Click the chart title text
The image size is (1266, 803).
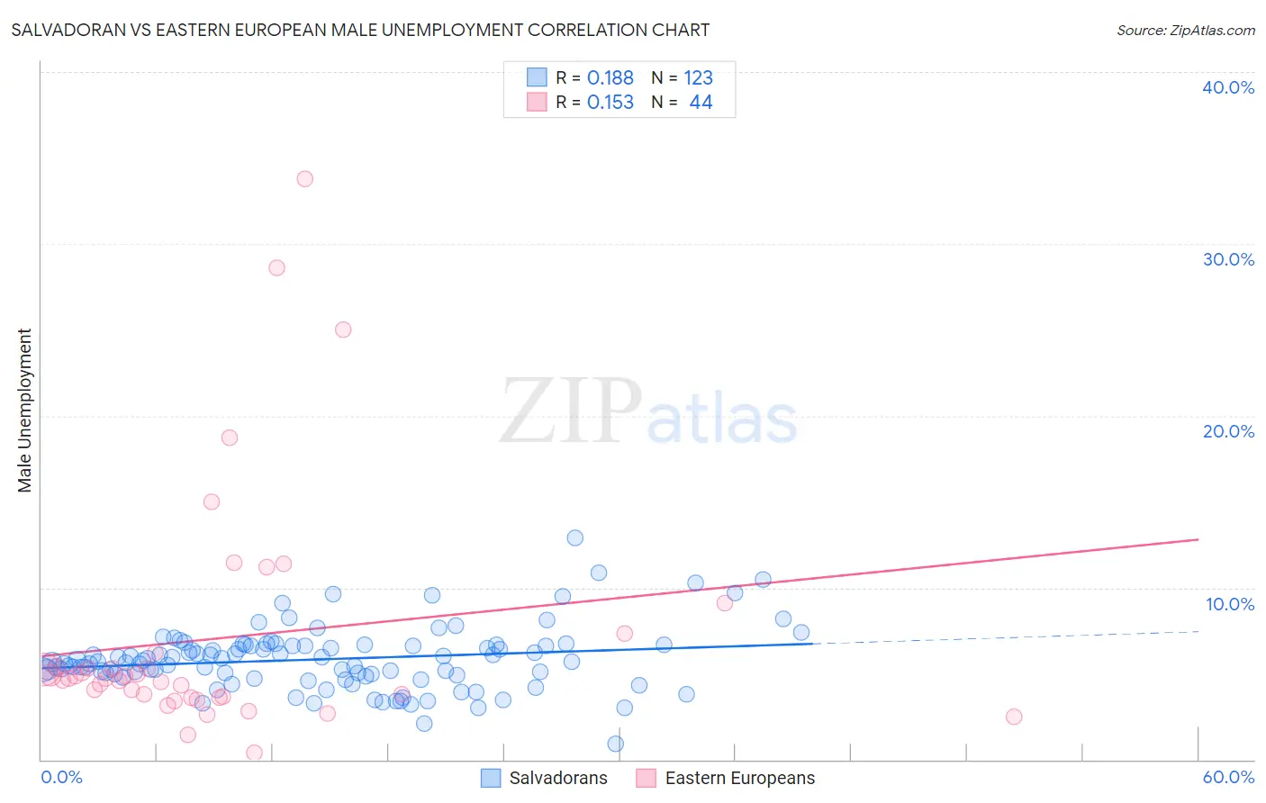click(x=360, y=30)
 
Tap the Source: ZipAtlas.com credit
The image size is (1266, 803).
click(x=1185, y=30)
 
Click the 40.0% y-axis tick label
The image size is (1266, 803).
click(x=1228, y=87)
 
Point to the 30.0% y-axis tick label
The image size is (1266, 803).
click(x=1228, y=259)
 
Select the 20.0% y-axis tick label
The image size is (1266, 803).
click(x=1228, y=431)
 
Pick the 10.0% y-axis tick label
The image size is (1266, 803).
click(x=1230, y=604)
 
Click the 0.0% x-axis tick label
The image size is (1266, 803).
click(x=61, y=777)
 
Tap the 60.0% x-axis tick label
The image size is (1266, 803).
click(x=1228, y=777)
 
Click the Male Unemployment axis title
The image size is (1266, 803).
click(x=24, y=411)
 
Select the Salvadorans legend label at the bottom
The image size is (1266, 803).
click(x=558, y=778)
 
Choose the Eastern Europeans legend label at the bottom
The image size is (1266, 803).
click(x=739, y=778)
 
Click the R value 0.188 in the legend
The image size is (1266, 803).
click(x=610, y=78)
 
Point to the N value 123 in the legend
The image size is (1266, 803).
click(x=698, y=78)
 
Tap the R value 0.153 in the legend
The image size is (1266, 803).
click(x=610, y=103)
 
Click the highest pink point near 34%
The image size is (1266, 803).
click(x=305, y=179)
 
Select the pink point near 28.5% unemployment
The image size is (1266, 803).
click(x=276, y=268)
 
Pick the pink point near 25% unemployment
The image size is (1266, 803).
click(x=343, y=329)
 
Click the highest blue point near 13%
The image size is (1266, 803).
click(x=574, y=538)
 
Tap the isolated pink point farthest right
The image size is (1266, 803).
click(x=1014, y=717)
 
